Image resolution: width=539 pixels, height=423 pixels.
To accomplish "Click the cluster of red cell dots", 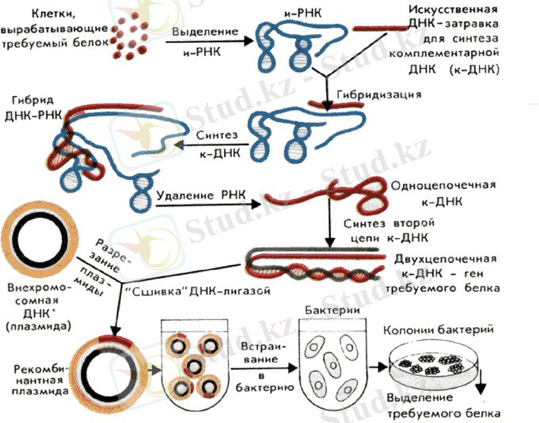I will [132, 41].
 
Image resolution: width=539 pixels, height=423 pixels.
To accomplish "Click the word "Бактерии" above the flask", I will [330, 310].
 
